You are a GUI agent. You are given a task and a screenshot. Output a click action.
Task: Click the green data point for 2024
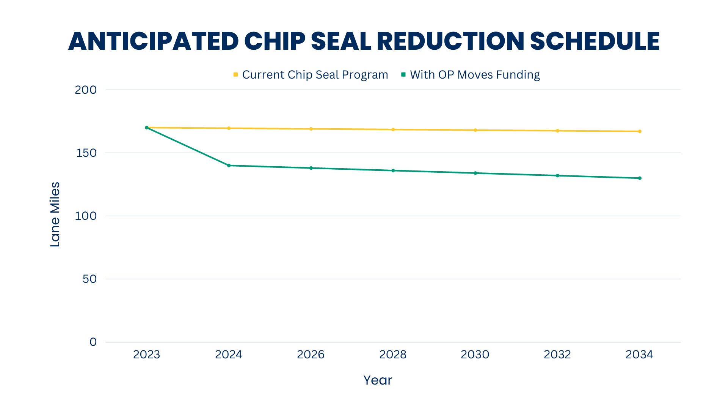pos(229,166)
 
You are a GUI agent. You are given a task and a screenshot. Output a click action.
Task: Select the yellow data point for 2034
pos(640,131)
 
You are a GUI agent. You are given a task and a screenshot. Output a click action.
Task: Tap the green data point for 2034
pos(640,178)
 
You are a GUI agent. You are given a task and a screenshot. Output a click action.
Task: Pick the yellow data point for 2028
pos(393,129)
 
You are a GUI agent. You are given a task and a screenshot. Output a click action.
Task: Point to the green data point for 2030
pos(475,173)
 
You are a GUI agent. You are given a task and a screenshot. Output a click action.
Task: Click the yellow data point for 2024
pos(229,128)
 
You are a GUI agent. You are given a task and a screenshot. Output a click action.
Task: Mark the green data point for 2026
pos(311,168)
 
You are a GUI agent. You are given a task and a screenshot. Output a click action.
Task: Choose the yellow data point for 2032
pos(557,131)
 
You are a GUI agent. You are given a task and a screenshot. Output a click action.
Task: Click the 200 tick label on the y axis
pos(86,90)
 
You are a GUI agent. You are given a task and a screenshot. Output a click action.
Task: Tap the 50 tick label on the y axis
pos(89,279)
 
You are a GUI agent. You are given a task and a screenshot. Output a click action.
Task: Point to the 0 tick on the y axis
pos(93,342)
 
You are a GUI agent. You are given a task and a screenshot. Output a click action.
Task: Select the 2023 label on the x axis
pos(146,355)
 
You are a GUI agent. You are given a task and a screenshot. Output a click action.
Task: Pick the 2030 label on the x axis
pos(475,355)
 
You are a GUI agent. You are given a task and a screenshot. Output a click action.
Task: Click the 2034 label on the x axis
pos(639,355)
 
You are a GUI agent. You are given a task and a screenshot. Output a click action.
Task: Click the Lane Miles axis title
pos(55,214)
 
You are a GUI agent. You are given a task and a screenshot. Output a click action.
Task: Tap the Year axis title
pos(378,380)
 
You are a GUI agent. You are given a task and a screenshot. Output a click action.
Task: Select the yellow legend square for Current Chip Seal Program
pos(235,75)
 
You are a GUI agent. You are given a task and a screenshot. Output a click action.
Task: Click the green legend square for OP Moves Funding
pos(403,75)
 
